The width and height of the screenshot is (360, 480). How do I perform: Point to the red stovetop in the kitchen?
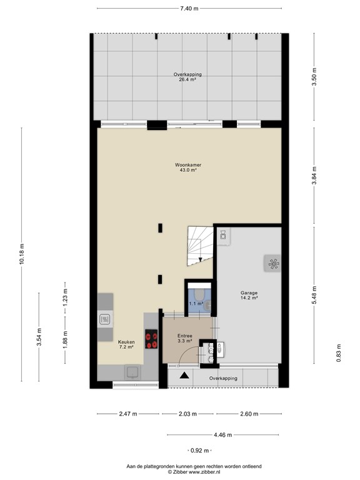tap(151, 339)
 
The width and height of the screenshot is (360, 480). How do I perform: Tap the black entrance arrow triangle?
tap(184, 375)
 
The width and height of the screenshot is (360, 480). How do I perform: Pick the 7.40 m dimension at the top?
tap(189, 9)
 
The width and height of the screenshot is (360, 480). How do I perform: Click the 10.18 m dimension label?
tap(22, 254)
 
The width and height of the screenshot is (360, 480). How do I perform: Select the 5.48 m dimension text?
tap(315, 294)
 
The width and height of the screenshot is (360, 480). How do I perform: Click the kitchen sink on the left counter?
tap(104, 319)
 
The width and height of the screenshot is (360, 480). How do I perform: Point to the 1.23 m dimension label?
tap(65, 294)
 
